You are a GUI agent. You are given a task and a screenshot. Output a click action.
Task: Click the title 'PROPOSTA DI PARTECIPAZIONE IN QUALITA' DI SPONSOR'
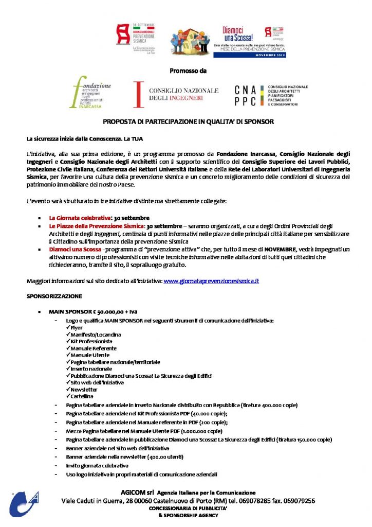(188, 122)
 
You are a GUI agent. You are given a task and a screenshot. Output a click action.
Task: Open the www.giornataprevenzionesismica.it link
(211, 281)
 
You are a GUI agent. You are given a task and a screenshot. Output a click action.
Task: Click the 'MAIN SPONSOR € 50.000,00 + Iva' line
(93, 312)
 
